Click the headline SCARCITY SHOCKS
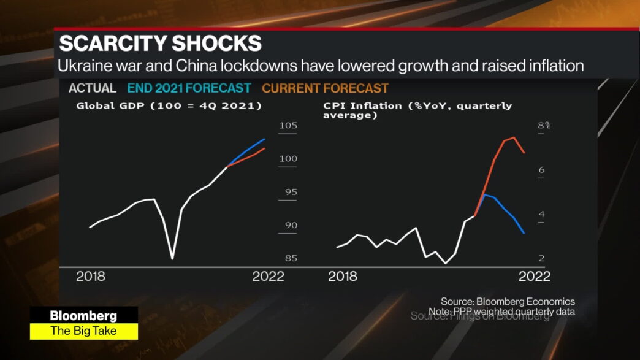tap(160, 44)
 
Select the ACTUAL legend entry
tap(92, 88)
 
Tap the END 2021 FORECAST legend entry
tap(189, 88)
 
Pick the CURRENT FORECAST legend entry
tap(325, 88)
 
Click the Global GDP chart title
tap(169, 106)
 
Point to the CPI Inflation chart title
tap(417, 110)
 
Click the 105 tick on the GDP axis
tap(288, 126)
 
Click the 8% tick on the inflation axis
tap(544, 126)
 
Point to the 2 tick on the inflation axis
tap(541, 258)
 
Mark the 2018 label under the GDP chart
tap(91, 277)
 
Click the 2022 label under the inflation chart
tap(534, 277)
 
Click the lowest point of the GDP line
tap(172, 259)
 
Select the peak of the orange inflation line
tap(513, 137)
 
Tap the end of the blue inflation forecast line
tap(524, 233)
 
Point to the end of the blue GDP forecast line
tap(265, 139)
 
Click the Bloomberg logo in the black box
tap(83, 316)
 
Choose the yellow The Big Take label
tap(83, 331)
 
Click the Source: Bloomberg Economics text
tap(508, 301)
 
